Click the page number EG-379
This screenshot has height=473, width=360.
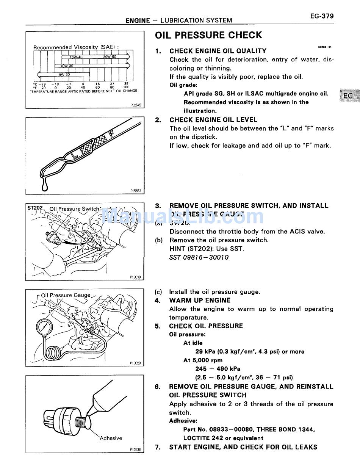point(321,16)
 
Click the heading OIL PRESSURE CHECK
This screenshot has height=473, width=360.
point(208,35)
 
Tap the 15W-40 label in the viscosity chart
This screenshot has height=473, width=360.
point(76,57)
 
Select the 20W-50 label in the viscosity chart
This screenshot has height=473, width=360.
point(110,57)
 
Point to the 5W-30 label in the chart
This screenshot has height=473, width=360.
point(64,75)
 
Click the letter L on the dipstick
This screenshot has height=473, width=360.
point(75,154)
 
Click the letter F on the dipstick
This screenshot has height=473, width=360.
point(111,134)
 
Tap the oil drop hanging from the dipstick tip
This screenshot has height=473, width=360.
point(45,187)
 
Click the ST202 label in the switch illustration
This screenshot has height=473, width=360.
point(35,208)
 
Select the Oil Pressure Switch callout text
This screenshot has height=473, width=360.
point(75,209)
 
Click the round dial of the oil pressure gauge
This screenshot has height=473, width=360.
point(44,327)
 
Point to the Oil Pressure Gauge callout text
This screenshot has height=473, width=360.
point(66,295)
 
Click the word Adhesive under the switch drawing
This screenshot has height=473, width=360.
point(111,438)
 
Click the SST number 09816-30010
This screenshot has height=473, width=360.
point(199,257)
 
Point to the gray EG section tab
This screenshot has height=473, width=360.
point(347,96)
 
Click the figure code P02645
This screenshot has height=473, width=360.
point(135,105)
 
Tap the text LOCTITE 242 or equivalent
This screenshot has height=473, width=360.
point(223,438)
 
